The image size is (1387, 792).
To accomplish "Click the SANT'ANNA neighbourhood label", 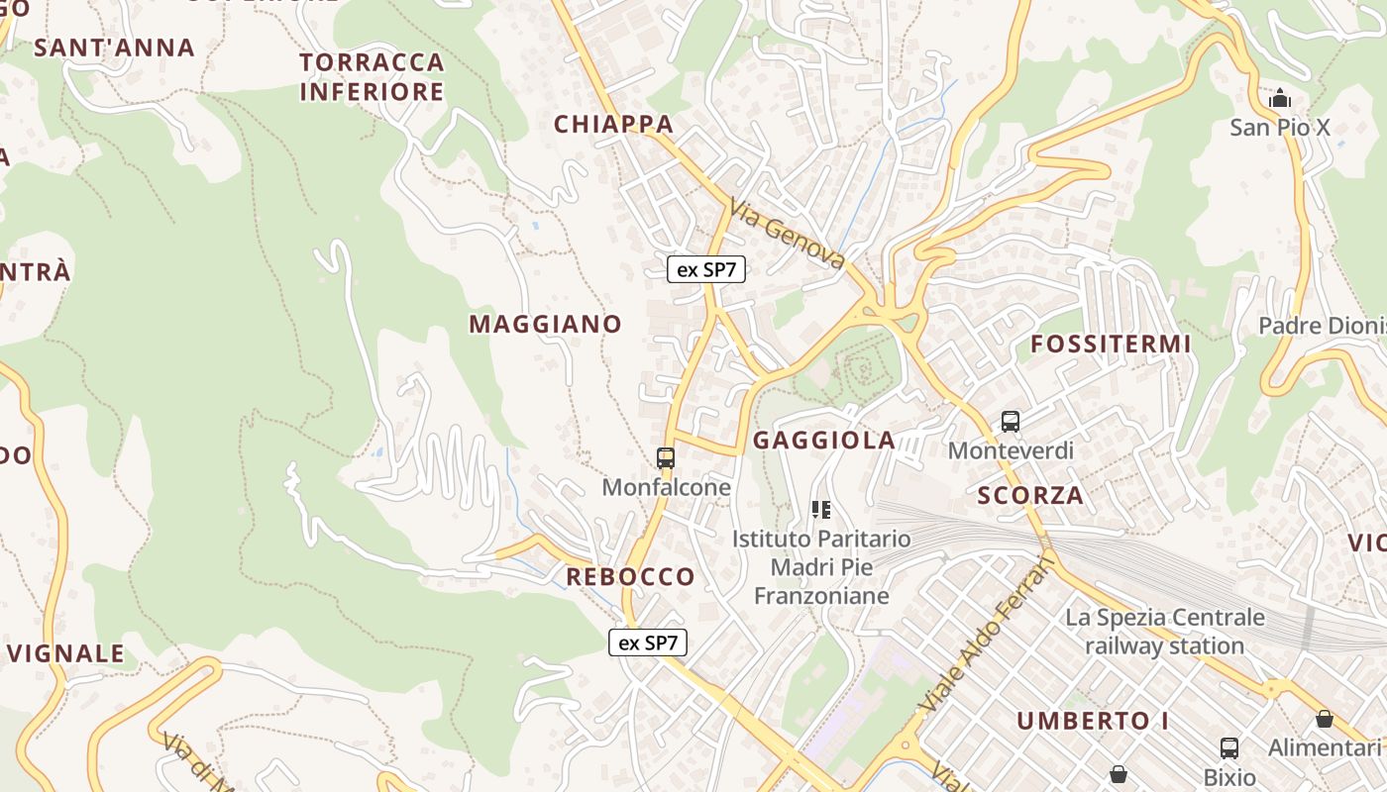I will (115, 48).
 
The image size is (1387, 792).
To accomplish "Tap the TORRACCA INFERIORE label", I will (372, 77).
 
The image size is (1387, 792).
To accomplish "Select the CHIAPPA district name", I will (614, 125).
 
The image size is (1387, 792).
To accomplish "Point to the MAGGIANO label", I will (545, 324).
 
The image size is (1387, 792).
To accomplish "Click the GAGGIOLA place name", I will (824, 441).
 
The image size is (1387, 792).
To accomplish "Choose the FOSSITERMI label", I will (1111, 345).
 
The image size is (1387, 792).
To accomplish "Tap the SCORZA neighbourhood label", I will (1030, 496).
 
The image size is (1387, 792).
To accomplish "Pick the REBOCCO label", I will (630, 576).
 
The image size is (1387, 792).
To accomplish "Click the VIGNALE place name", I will (66, 653).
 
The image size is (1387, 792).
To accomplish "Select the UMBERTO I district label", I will (1093, 721).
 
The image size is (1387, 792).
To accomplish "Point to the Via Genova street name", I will (788, 234).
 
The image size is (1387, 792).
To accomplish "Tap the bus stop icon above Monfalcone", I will (666, 458).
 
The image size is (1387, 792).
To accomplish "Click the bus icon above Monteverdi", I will (1011, 422).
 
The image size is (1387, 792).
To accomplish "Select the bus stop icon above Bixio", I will (1229, 748).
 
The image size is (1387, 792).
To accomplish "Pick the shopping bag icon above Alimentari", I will (1325, 719).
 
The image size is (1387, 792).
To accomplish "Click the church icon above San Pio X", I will (1280, 99).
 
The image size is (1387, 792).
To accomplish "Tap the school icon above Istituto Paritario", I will (820, 510).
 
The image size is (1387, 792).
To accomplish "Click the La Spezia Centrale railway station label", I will (1165, 632).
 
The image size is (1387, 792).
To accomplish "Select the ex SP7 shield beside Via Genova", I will (706, 269).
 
